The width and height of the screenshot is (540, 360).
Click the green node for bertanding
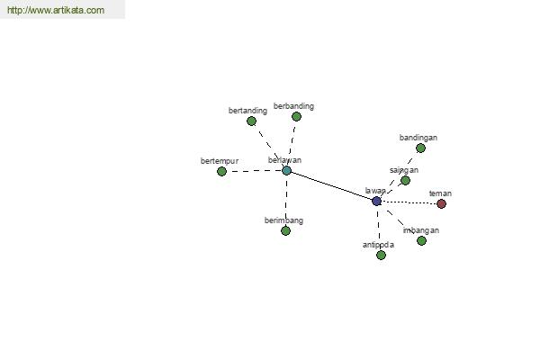tap(251, 121)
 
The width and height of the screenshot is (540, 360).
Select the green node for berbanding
tap(296, 116)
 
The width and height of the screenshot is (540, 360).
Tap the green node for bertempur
tap(221, 171)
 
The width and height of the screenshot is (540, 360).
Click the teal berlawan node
tap(286, 170)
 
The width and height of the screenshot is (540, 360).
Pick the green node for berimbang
tap(285, 230)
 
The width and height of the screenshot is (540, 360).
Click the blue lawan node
tap(377, 201)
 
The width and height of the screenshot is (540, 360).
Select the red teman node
tap(441, 203)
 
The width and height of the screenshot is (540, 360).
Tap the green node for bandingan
tap(420, 148)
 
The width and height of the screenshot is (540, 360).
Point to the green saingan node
tap(405, 180)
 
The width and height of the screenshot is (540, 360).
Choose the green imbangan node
tap(421, 240)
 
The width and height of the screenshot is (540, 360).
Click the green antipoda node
tap(381, 255)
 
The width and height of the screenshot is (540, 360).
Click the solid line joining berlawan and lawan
tap(331, 185)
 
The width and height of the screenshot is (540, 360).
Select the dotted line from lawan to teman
tap(409, 202)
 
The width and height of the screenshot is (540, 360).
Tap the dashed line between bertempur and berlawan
tap(254, 171)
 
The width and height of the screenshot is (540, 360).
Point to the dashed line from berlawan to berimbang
tap(286, 201)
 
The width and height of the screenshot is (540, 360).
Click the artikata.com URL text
tap(56, 10)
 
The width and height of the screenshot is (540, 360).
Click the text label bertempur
tap(220, 161)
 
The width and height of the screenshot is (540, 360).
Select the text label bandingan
tap(418, 138)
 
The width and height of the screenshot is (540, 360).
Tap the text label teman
tap(440, 193)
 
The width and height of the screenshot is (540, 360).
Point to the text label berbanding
tap(293, 106)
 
